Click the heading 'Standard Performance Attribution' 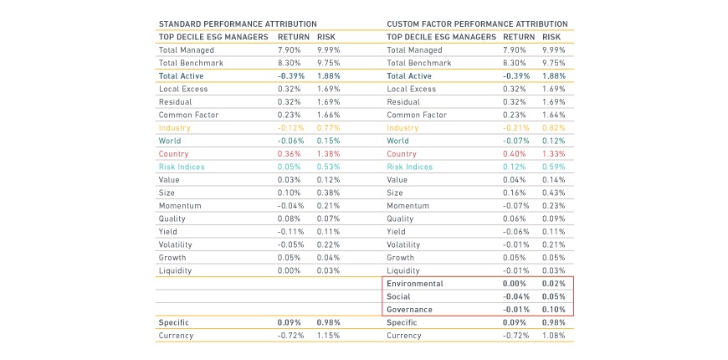click(238, 24)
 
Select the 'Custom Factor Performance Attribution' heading click(477, 24)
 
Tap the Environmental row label click(415, 284)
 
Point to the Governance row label click(409, 310)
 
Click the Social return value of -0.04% click(515, 297)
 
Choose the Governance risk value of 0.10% click(554, 310)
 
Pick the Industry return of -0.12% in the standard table click(291, 128)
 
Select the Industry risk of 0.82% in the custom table click(554, 128)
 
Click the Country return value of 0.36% click(290, 154)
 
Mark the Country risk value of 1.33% click(554, 154)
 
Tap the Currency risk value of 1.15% click(329, 336)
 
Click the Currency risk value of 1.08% click(554, 336)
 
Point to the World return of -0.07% click(516, 141)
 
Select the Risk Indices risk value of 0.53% click(329, 167)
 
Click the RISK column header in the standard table click(326, 37)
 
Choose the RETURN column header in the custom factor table click(519, 37)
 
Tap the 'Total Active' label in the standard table click(181, 76)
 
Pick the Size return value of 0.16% click(515, 193)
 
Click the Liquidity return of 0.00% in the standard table click(290, 270)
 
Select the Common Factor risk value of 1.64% click(554, 115)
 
